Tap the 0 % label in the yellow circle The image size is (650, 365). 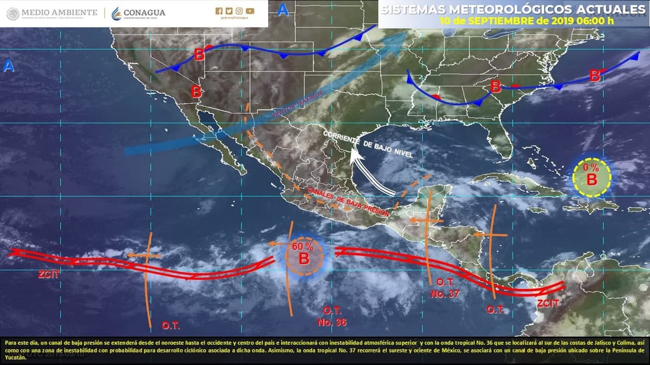pyautogui.click(x=590, y=168)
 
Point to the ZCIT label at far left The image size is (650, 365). pyautogui.click(x=49, y=274)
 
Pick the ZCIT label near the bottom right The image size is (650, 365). pyautogui.click(x=548, y=304)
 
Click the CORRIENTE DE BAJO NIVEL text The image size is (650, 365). pyautogui.click(x=368, y=144)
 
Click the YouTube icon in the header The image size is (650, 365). pyautogui.click(x=250, y=11)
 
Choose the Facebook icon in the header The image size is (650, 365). pyautogui.click(x=219, y=11)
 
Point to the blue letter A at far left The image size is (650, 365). pyautogui.click(x=9, y=67)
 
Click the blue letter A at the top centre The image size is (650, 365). pyautogui.click(x=283, y=10)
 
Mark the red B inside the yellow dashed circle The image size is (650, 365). pyautogui.click(x=592, y=179)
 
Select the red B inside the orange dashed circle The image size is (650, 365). pyautogui.click(x=304, y=258)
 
